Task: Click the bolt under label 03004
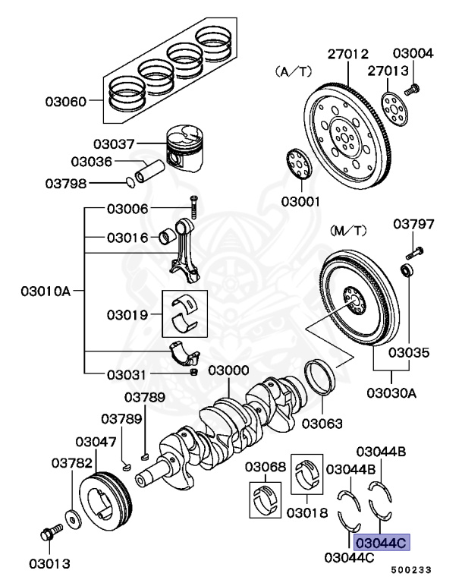(x=413, y=90)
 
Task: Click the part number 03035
(x=409, y=353)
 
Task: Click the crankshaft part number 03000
(x=228, y=370)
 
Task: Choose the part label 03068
(x=264, y=465)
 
